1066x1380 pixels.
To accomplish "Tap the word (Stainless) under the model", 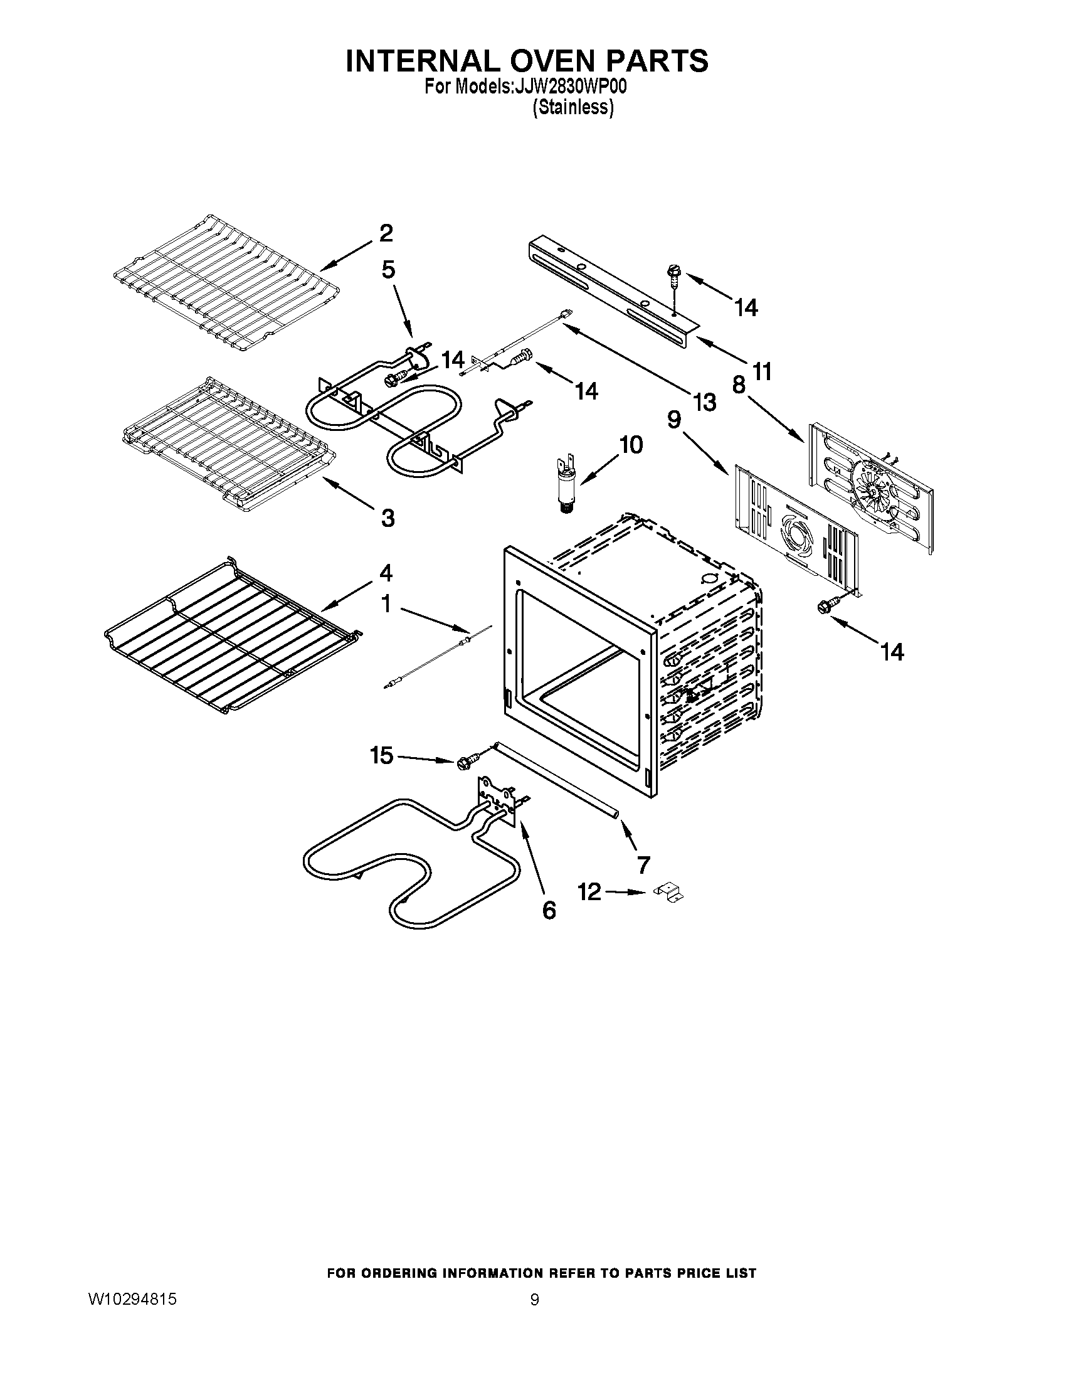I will click(573, 107).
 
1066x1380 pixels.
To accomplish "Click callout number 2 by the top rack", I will click(386, 233).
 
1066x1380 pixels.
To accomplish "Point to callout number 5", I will click(388, 270).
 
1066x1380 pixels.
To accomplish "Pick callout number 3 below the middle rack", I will click(388, 518).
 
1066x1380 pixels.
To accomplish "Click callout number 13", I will click(704, 401).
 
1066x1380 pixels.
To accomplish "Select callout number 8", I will click(738, 385).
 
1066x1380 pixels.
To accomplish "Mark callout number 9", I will click(674, 420).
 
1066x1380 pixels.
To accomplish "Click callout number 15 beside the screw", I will click(383, 755).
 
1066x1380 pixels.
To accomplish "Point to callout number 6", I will click(549, 910).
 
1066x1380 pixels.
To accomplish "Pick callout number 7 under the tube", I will click(643, 864).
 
